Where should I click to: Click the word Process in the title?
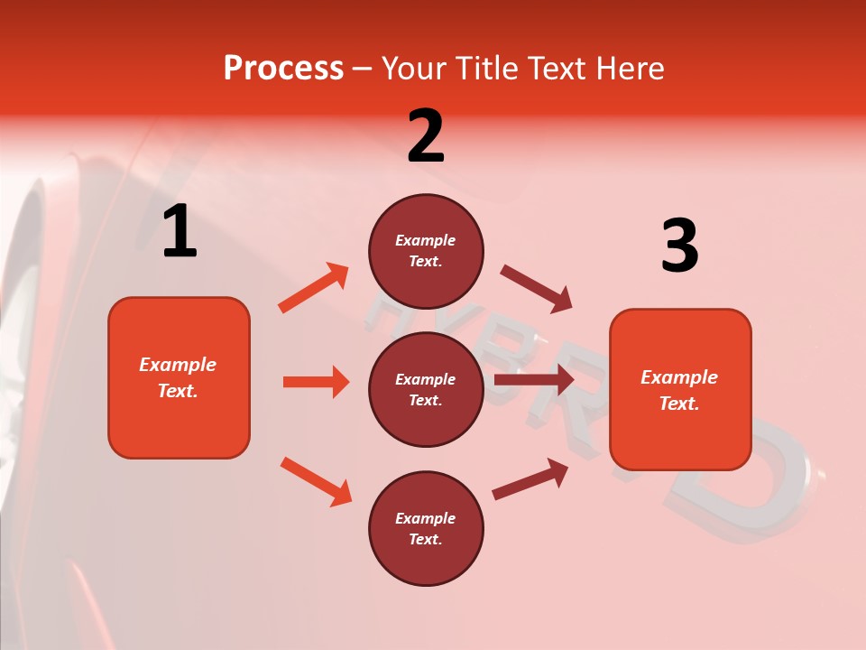pos(283,69)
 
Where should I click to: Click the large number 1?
pos(180,233)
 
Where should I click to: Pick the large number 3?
pos(679,247)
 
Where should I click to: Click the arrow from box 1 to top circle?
pos(313,288)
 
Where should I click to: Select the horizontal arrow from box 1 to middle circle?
pos(316,382)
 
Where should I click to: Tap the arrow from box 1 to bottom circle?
pos(316,481)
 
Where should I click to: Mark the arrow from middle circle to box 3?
pos(534,379)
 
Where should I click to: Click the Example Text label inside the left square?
pos(178,377)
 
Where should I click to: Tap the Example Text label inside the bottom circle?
pos(425,528)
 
